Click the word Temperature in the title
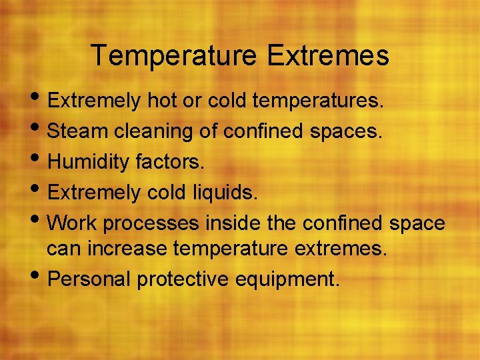coord(175,56)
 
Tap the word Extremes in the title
coord(328,56)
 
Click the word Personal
coord(90,279)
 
